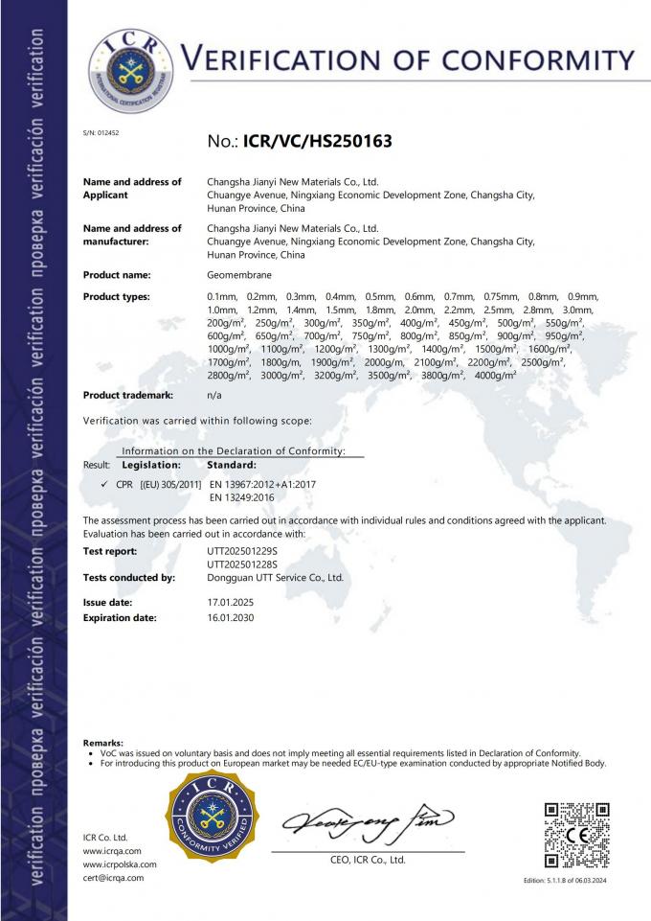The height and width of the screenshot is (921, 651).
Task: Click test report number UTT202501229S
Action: coord(242,551)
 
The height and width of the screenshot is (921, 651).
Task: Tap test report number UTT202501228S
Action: coord(242,564)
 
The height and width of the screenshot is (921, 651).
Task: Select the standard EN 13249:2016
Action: coord(242,498)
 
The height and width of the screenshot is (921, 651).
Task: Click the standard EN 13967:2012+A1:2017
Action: coord(261,485)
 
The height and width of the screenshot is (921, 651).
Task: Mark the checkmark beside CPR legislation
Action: coord(103,485)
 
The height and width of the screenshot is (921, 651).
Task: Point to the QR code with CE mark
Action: coord(576,835)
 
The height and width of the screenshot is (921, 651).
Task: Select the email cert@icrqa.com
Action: coord(113,878)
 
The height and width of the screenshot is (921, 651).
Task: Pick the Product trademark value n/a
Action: coord(214,395)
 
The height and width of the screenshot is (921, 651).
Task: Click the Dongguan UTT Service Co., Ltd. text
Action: coord(275,578)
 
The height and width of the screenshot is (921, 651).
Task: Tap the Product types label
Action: coord(117,297)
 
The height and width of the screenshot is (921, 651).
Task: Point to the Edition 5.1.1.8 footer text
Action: coord(572,880)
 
